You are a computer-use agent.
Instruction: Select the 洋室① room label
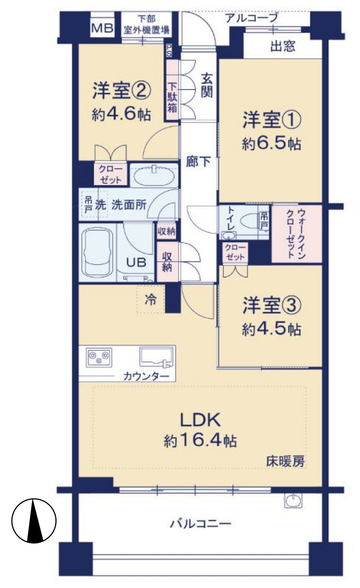271,121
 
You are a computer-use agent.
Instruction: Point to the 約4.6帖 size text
120,114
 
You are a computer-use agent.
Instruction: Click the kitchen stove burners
99,357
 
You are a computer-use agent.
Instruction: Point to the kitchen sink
157,356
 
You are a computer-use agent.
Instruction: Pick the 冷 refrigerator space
151,300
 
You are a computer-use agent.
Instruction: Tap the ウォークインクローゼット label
296,234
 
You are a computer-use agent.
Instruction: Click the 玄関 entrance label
206,85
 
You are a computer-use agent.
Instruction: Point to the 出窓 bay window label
283,47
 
